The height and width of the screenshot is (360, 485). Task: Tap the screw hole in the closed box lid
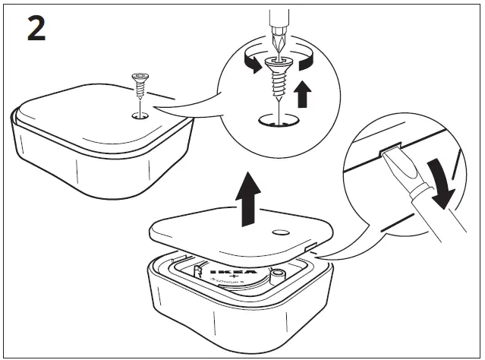point(140,115)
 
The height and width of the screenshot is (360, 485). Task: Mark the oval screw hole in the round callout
point(278,119)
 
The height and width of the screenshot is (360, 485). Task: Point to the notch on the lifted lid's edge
point(310,245)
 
